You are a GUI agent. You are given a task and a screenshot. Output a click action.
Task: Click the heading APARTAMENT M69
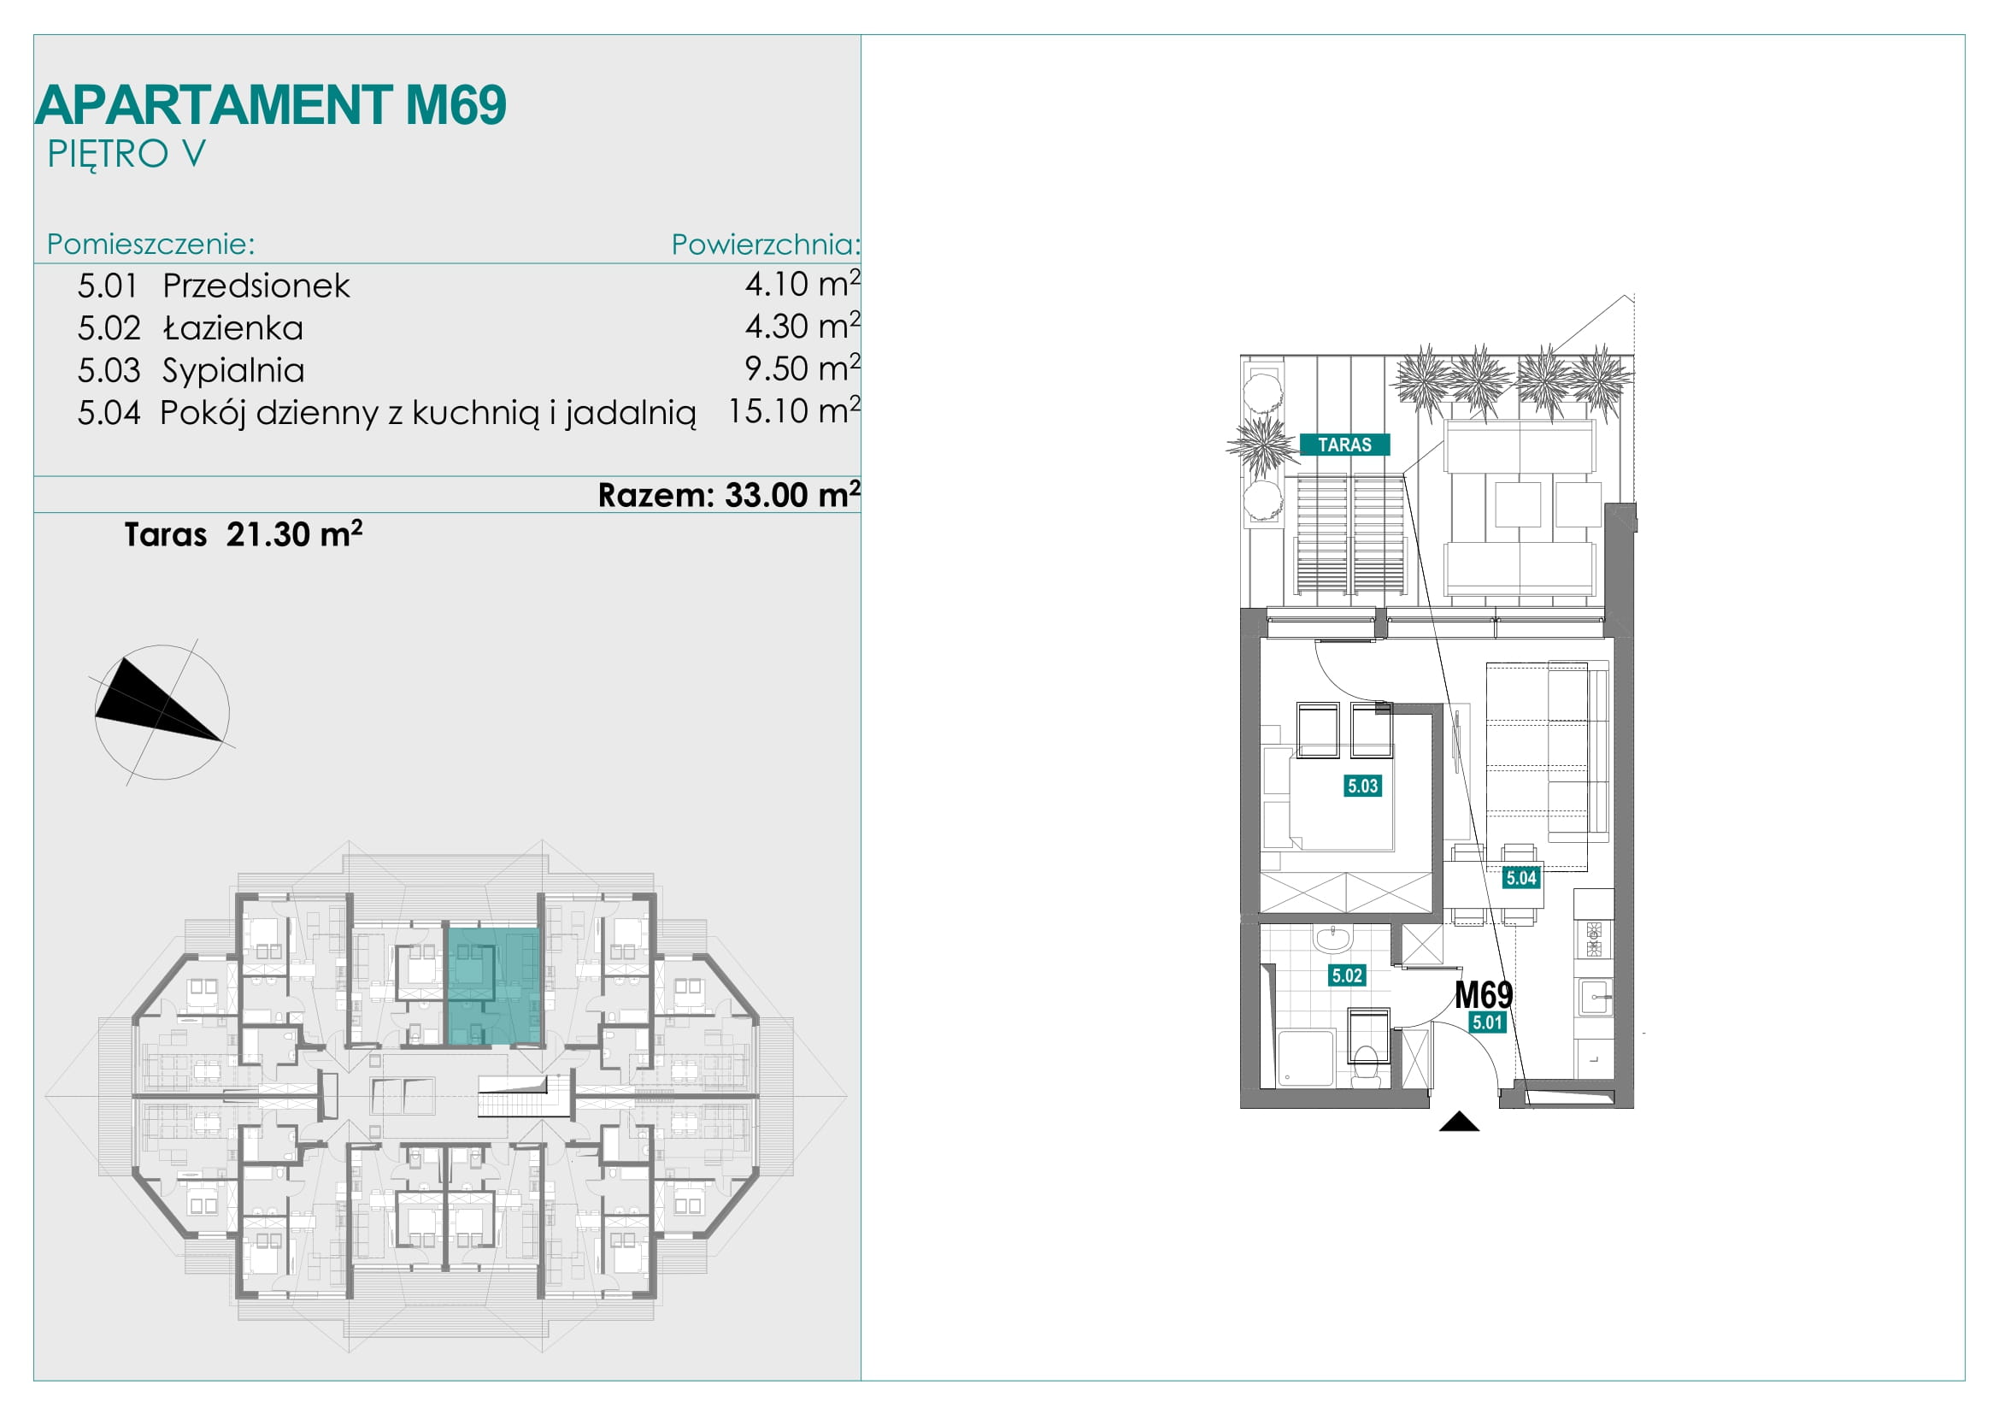pos(271,104)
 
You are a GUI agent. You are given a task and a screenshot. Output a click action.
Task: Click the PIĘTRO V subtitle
pos(126,154)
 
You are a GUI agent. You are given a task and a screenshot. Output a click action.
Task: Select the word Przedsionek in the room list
pos(256,286)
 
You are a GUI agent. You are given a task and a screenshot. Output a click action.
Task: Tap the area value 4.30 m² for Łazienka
pos(802,326)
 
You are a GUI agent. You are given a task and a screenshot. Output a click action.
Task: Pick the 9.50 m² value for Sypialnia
pos(802,368)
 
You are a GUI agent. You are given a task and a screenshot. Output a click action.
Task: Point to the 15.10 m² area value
pos(794,410)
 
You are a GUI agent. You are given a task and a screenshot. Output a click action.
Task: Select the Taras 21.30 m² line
pos(243,533)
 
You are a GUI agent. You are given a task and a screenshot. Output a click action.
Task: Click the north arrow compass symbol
pos(162,711)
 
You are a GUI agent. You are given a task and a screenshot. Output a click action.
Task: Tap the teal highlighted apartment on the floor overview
pos(494,987)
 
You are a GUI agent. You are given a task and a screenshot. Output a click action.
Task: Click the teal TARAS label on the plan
pos(1344,445)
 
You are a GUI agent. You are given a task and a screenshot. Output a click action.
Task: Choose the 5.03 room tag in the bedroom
pos(1362,787)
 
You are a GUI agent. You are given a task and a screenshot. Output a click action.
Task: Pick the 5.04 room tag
pos(1521,878)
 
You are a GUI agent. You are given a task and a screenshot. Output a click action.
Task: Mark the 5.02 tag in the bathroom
pos(1347,975)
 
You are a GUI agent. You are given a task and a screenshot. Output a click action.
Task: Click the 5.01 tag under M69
pos(1487,1022)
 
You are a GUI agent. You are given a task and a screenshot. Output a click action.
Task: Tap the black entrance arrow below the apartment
pos(1459,1122)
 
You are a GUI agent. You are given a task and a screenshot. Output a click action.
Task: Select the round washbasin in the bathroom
pos(1332,939)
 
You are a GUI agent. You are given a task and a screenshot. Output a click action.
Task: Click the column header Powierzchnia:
pos(765,245)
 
